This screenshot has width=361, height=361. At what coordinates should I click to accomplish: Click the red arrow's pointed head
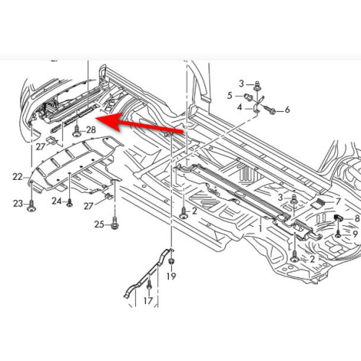pyautogui.click(x=96, y=118)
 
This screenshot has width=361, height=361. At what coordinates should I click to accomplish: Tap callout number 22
pyautogui.click(x=17, y=177)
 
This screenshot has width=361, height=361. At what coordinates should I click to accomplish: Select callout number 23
pyautogui.click(x=18, y=204)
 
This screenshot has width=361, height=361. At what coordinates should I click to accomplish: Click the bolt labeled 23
pyautogui.click(x=31, y=206)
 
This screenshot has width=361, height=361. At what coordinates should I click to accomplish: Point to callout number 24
pyautogui.click(x=57, y=201)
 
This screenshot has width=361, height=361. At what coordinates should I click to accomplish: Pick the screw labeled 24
pyautogui.click(x=69, y=203)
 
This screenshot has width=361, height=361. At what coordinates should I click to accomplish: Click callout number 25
pyautogui.click(x=99, y=225)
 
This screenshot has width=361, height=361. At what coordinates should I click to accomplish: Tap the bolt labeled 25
pyautogui.click(x=115, y=223)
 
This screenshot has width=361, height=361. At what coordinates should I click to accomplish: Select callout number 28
pyautogui.click(x=91, y=130)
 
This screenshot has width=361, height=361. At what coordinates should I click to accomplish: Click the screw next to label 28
pyautogui.click(x=77, y=132)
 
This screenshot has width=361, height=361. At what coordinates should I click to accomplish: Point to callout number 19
pyautogui.click(x=171, y=277)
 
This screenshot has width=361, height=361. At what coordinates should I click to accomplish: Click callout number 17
pyautogui.click(x=148, y=300)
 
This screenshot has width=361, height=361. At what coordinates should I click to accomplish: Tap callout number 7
pyautogui.click(x=339, y=201)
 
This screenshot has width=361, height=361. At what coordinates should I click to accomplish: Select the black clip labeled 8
pyautogui.click(x=338, y=217)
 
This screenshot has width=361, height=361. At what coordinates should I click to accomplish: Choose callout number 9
pyautogui.click(x=355, y=234)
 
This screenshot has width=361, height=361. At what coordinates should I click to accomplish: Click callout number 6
pyautogui.click(x=287, y=110)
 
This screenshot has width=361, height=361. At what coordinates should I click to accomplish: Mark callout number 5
pyautogui.click(x=230, y=95)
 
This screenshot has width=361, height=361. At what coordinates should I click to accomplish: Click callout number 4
pyautogui.click(x=240, y=107)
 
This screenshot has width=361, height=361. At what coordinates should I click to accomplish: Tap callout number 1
pyautogui.click(x=260, y=228)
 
